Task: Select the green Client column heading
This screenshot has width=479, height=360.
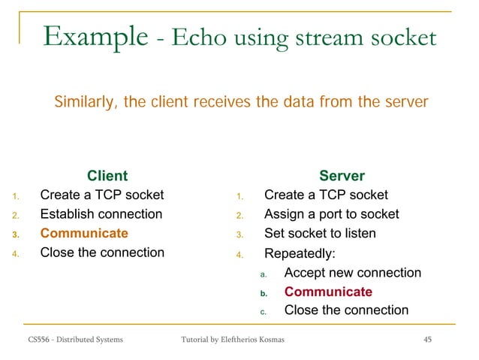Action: [x=107, y=176]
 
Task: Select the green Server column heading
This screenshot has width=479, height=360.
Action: [x=342, y=176]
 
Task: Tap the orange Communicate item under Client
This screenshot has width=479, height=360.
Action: [x=84, y=233]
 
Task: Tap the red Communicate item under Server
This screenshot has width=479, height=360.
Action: [x=328, y=292]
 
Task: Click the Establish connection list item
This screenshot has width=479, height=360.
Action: [x=101, y=214]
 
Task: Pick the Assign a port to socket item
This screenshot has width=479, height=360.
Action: [x=331, y=214]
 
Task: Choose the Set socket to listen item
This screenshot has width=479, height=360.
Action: [x=320, y=233]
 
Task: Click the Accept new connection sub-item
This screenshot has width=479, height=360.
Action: [x=353, y=273]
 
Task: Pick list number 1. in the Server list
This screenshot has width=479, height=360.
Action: [x=237, y=197]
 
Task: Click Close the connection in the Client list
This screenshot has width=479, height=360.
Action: [x=102, y=253]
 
